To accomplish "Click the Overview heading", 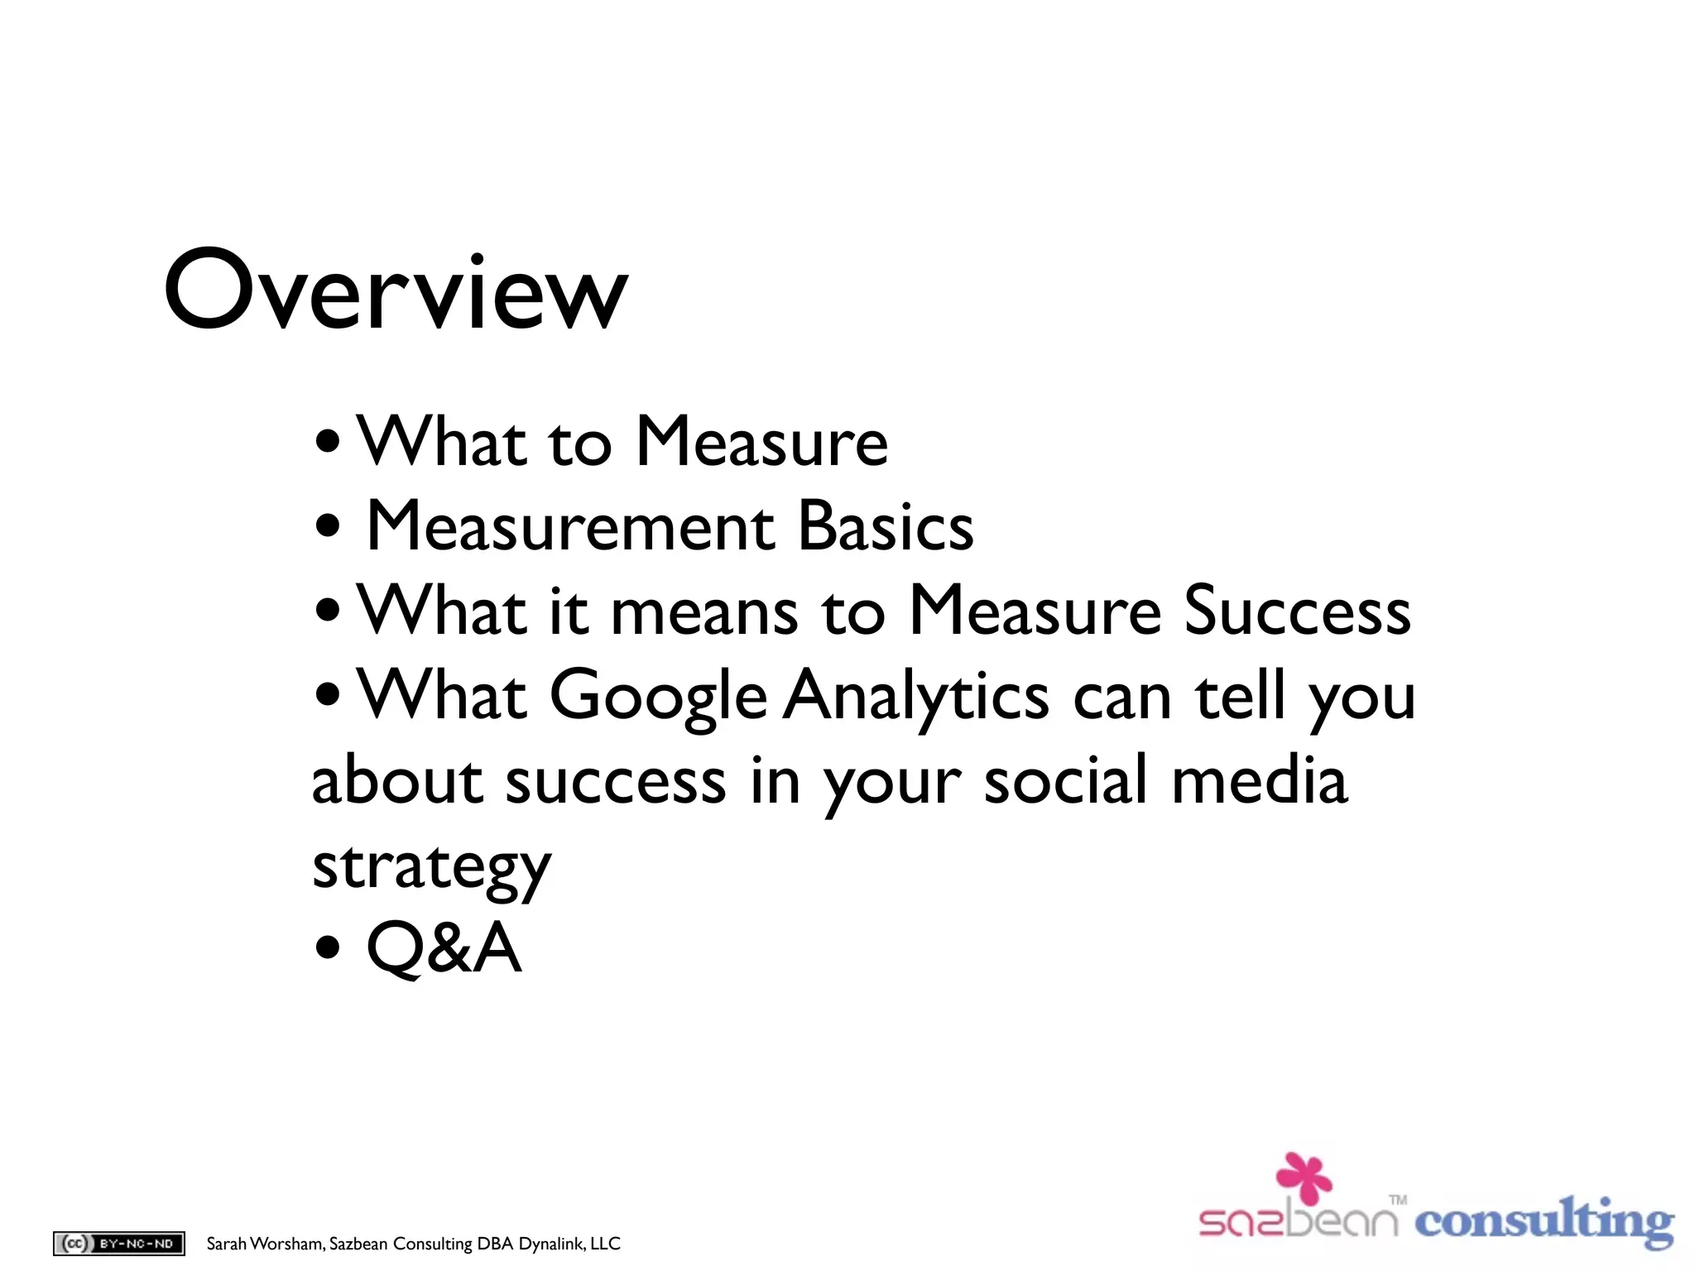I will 396,291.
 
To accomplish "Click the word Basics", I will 886,527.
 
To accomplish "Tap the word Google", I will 658,697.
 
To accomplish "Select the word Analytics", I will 916,697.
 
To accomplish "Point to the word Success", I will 1297,611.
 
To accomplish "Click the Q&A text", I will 444,948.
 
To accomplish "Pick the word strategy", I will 431,869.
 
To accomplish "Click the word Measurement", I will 571,527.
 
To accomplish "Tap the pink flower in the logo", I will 1304,1176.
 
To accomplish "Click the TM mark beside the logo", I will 1399,1199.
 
